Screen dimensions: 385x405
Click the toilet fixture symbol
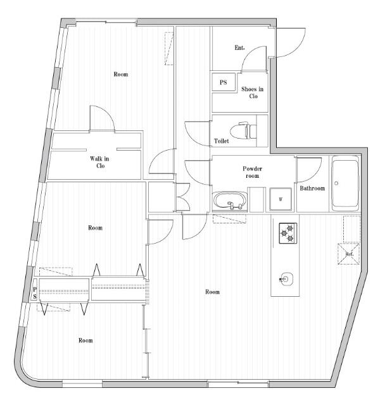243,131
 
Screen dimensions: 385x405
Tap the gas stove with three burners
288,234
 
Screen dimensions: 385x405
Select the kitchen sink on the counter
287,279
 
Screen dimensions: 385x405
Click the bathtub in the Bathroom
345,184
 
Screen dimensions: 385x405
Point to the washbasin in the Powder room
229,201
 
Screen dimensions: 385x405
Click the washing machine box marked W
281,199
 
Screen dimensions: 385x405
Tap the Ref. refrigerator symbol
349,254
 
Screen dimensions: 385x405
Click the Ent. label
239,48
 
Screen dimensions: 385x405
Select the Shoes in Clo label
253,92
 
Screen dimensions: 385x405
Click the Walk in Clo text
99,162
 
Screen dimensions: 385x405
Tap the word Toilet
222,141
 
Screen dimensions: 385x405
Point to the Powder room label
252,172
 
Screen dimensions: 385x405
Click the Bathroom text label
312,189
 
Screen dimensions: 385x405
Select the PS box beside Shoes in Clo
224,82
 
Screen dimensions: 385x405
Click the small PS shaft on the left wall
35,293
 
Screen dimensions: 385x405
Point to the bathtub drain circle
336,183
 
